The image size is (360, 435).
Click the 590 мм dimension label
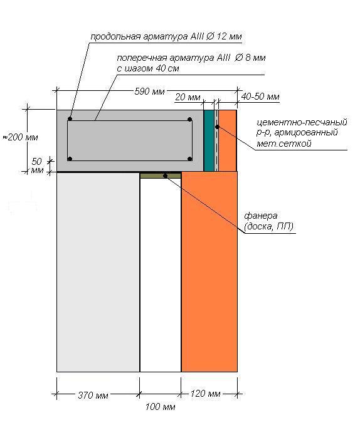click(149, 92)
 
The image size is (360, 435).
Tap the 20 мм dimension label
click(188, 97)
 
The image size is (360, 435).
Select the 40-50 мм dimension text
click(260, 97)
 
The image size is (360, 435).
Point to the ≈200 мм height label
click(20, 137)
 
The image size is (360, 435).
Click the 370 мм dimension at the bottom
click(93, 395)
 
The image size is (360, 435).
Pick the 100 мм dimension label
click(160, 407)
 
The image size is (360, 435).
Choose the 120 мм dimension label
click(205, 394)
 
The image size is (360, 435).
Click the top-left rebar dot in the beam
click(70, 118)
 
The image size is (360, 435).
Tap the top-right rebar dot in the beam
click(189, 120)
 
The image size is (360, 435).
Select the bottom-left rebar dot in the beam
click(70, 159)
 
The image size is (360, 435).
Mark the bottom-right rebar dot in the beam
click(189, 159)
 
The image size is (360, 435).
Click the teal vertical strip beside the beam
click(209, 140)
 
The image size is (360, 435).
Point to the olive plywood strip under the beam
click(161, 176)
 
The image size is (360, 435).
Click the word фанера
click(261, 216)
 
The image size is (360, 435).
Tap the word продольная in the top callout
click(115, 36)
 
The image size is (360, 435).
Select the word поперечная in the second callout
click(142, 58)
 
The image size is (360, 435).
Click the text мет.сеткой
click(283, 144)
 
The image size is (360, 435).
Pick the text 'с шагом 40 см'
click(147, 68)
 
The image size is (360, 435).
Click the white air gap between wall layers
click(161, 275)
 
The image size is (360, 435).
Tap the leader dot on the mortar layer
click(218, 127)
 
